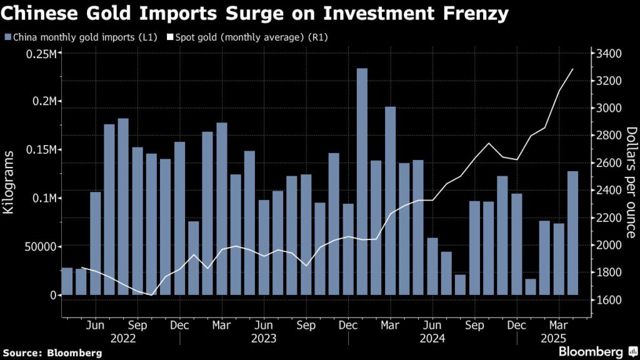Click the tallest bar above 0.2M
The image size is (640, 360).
click(362, 181)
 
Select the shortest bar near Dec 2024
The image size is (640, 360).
click(530, 287)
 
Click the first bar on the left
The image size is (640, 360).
click(67, 281)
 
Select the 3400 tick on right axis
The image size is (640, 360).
click(607, 54)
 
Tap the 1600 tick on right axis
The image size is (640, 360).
click(607, 300)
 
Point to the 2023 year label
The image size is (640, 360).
click(264, 338)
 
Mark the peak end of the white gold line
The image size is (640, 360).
click(572, 69)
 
